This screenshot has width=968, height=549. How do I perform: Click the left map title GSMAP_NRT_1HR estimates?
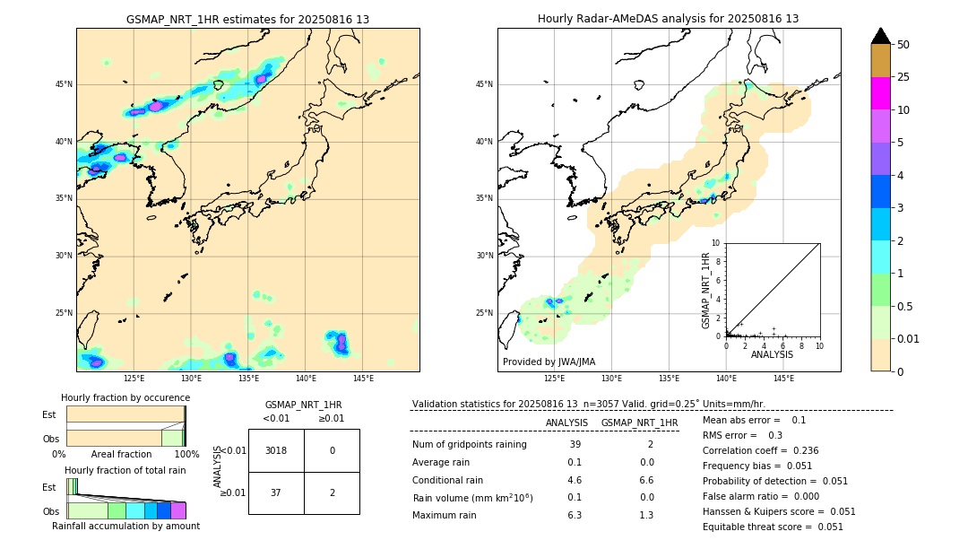click(x=247, y=19)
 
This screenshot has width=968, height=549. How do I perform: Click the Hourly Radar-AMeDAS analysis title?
click(x=668, y=19)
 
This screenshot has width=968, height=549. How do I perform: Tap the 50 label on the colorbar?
click(x=903, y=45)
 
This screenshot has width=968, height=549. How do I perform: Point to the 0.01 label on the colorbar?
click(x=909, y=338)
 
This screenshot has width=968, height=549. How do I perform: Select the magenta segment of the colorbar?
click(x=880, y=93)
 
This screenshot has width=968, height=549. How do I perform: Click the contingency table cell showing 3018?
click(x=276, y=450)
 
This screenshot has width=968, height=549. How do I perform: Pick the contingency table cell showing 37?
click(x=276, y=492)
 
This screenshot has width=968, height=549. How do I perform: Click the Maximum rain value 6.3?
click(x=575, y=515)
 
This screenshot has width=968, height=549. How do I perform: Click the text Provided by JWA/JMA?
click(x=549, y=362)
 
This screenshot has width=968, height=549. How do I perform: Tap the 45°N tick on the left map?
click(x=64, y=84)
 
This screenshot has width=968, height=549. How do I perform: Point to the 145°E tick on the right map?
click(x=783, y=379)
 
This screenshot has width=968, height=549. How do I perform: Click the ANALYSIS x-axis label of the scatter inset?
click(x=772, y=354)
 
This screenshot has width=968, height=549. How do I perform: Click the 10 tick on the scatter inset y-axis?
click(x=716, y=243)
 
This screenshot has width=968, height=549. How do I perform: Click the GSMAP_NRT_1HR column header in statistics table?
click(x=639, y=423)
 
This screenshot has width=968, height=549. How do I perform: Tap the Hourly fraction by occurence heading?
click(x=125, y=397)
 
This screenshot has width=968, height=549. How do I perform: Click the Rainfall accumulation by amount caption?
click(x=125, y=526)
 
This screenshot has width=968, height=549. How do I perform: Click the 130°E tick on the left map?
click(x=191, y=379)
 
